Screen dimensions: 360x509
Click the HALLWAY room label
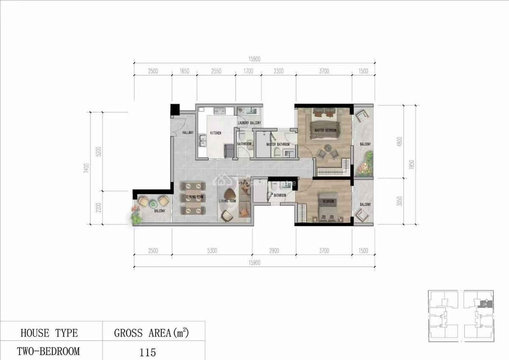pyautogui.click(x=187, y=133)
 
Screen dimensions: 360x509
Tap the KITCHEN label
pyautogui.click(x=215, y=133)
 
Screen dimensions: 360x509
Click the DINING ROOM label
pyautogui.click(x=193, y=197)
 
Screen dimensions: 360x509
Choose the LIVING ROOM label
pyautogui.click(x=227, y=201)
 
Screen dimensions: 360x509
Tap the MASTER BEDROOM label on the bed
pyautogui.click(x=325, y=130)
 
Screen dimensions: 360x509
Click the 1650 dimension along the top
pyautogui.click(x=184, y=71)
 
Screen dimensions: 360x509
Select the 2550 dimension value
pyautogui.click(x=216, y=71)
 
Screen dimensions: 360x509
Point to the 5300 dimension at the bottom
pyautogui.click(x=212, y=251)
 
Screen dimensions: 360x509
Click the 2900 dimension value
pyautogui.click(x=274, y=251)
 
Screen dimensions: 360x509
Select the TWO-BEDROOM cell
pyautogui.click(x=48, y=352)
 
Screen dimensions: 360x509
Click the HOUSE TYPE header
pyautogui.click(x=49, y=333)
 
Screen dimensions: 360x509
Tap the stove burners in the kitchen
pyautogui.click(x=219, y=112)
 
